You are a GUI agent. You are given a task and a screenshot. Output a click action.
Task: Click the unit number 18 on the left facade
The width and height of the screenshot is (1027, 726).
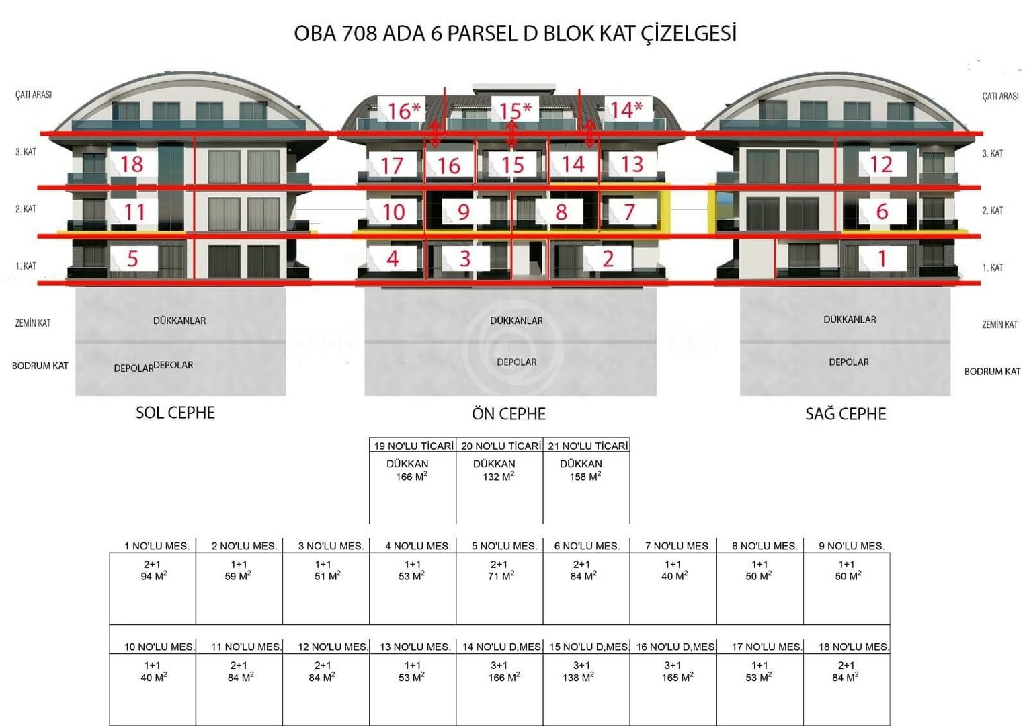pos(132,164)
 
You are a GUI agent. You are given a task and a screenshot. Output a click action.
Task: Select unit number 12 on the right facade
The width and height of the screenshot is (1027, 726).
pos(880,164)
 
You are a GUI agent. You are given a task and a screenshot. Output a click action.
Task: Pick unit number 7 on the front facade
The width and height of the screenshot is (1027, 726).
pos(629,212)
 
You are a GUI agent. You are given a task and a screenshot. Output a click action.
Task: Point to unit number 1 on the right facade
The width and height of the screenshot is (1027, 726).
pos(882,259)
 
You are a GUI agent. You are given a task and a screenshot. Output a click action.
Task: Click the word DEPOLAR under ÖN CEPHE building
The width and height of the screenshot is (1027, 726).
pos(517,362)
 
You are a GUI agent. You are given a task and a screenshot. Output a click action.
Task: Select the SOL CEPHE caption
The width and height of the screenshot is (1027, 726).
pos(175,413)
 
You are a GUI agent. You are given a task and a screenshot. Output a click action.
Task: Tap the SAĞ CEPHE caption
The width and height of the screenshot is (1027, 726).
pos(846,413)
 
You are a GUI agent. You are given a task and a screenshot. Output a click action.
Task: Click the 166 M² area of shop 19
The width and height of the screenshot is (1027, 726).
pos(411,476)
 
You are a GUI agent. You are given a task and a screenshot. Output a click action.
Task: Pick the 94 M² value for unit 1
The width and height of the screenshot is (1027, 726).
pos(154,575)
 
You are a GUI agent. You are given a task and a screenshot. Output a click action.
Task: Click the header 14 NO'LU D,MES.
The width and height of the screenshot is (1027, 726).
pos(502,647)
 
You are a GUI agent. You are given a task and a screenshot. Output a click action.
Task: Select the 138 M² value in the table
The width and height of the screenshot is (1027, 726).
pos(578,677)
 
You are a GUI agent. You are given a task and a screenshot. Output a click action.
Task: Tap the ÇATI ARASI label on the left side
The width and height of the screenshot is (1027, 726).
pos(34,95)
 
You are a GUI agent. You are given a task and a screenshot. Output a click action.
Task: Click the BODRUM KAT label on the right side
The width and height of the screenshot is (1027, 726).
pos(992,372)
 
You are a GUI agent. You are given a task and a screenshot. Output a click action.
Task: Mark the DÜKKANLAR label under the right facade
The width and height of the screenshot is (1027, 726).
pos(850,320)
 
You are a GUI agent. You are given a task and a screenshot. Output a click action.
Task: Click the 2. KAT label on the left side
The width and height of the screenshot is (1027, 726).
pos(26,209)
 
